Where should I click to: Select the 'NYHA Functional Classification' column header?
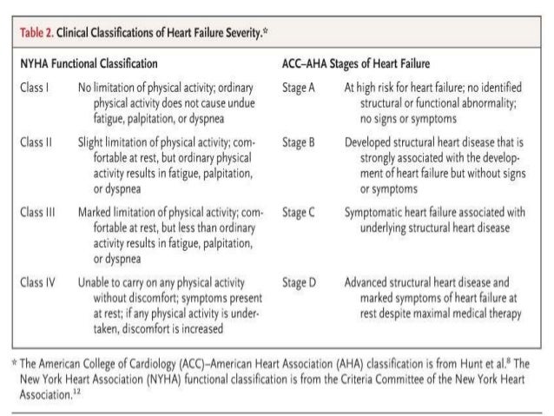(x=88, y=64)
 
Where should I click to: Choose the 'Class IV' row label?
(x=36, y=282)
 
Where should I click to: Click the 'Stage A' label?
(x=299, y=88)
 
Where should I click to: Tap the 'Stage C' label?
(x=299, y=211)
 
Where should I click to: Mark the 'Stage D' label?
(x=299, y=282)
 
